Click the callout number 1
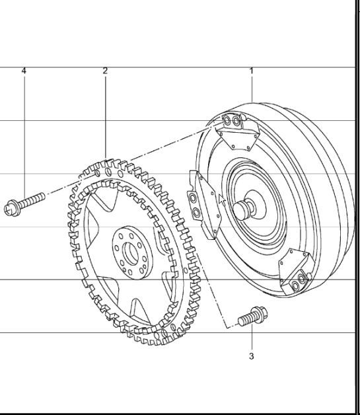tap(251, 70)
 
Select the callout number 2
tap(105, 70)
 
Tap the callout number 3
tap(251, 356)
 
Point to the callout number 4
tap(24, 70)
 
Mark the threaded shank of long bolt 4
tap(32, 199)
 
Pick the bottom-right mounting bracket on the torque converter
tap(293, 272)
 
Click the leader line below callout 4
tap(24, 132)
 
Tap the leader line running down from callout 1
tap(251, 86)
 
